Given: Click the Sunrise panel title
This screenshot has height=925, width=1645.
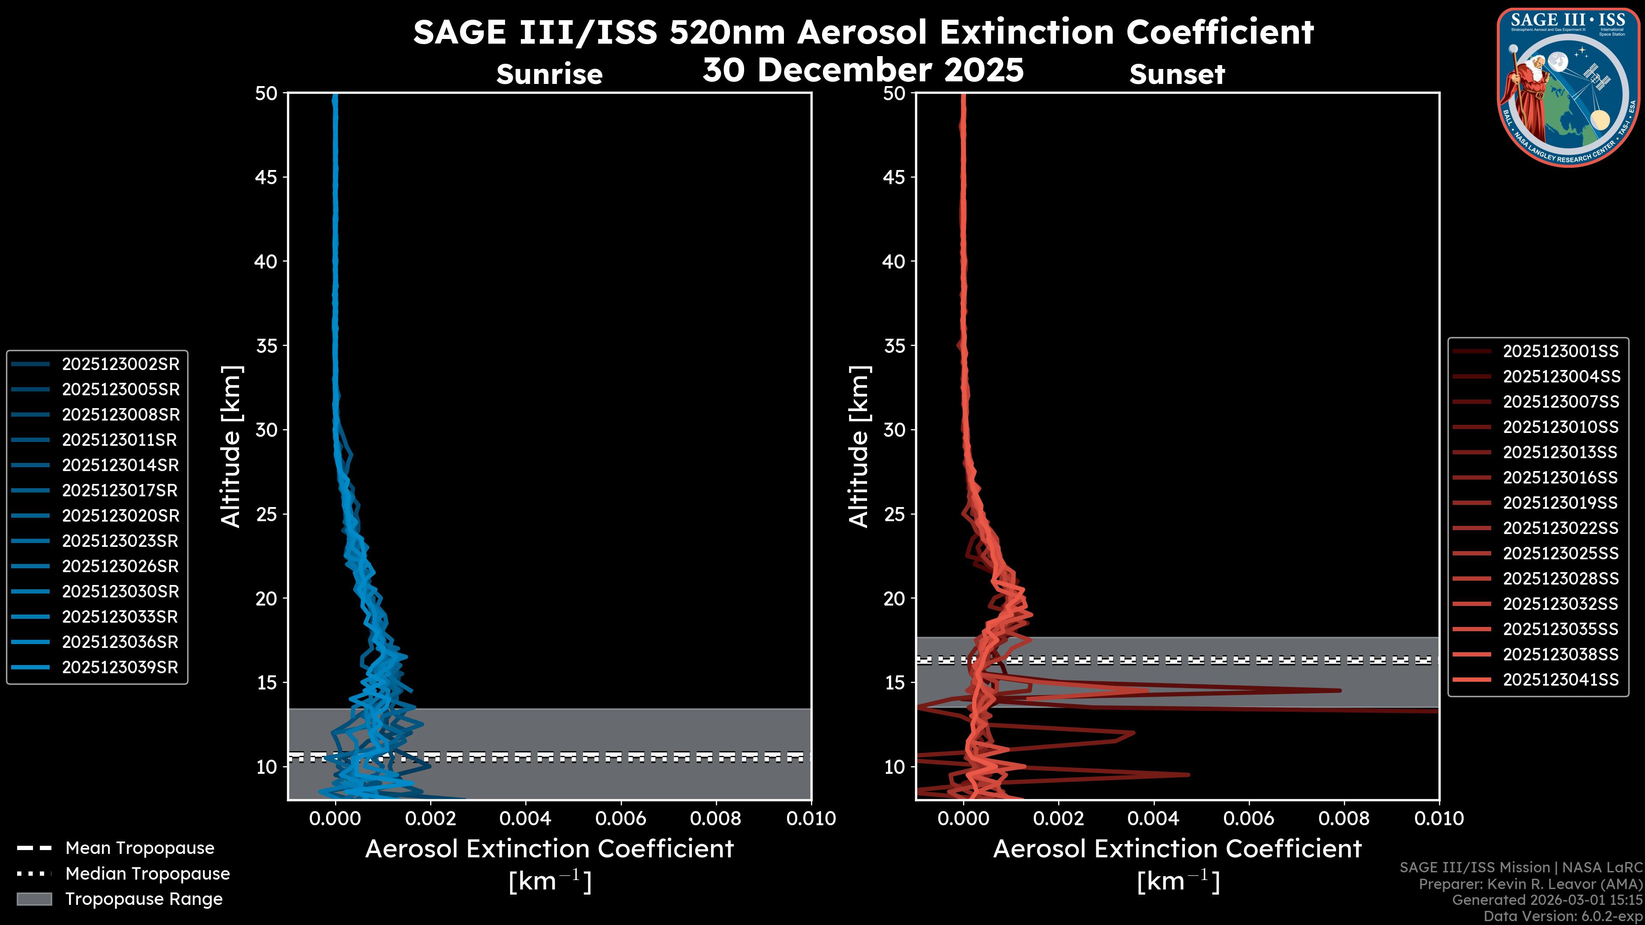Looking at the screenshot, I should click(549, 74).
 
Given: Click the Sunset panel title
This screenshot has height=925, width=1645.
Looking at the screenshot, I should click(1177, 74).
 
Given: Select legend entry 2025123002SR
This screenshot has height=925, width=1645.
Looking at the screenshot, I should click(120, 364).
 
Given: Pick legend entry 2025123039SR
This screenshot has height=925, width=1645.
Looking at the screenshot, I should click(120, 667).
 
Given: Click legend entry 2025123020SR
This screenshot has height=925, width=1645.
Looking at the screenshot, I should click(120, 516).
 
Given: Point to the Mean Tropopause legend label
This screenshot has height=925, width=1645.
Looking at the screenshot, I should click(139, 848).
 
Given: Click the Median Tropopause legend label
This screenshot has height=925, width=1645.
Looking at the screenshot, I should click(147, 873).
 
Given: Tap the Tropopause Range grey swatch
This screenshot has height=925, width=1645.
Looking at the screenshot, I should click(34, 899).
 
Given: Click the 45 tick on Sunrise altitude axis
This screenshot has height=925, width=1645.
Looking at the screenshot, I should click(266, 177).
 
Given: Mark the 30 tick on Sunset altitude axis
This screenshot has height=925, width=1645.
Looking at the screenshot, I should click(894, 430).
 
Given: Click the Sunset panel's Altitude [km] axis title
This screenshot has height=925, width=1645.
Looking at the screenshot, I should click(859, 446).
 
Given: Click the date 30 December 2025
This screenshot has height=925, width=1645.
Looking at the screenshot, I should click(863, 69).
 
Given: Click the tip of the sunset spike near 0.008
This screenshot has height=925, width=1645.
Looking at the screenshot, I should click(1340, 690).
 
